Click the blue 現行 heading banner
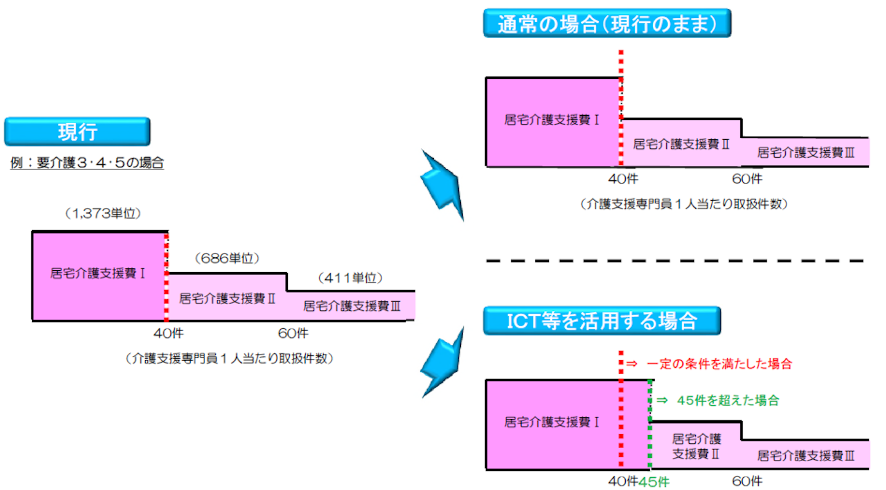click(78, 131)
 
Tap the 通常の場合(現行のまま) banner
click(607, 23)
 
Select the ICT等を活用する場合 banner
click(601, 321)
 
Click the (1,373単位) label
click(103, 214)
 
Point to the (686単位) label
click(226, 259)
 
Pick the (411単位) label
click(350, 278)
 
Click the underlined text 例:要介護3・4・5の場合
click(87, 164)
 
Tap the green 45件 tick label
click(655, 481)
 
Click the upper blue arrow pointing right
click(441, 183)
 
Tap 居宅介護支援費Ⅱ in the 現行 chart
click(227, 299)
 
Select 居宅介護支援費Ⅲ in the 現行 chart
click(352, 305)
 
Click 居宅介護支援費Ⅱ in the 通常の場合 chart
click(681, 145)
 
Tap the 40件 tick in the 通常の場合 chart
click(623, 179)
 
